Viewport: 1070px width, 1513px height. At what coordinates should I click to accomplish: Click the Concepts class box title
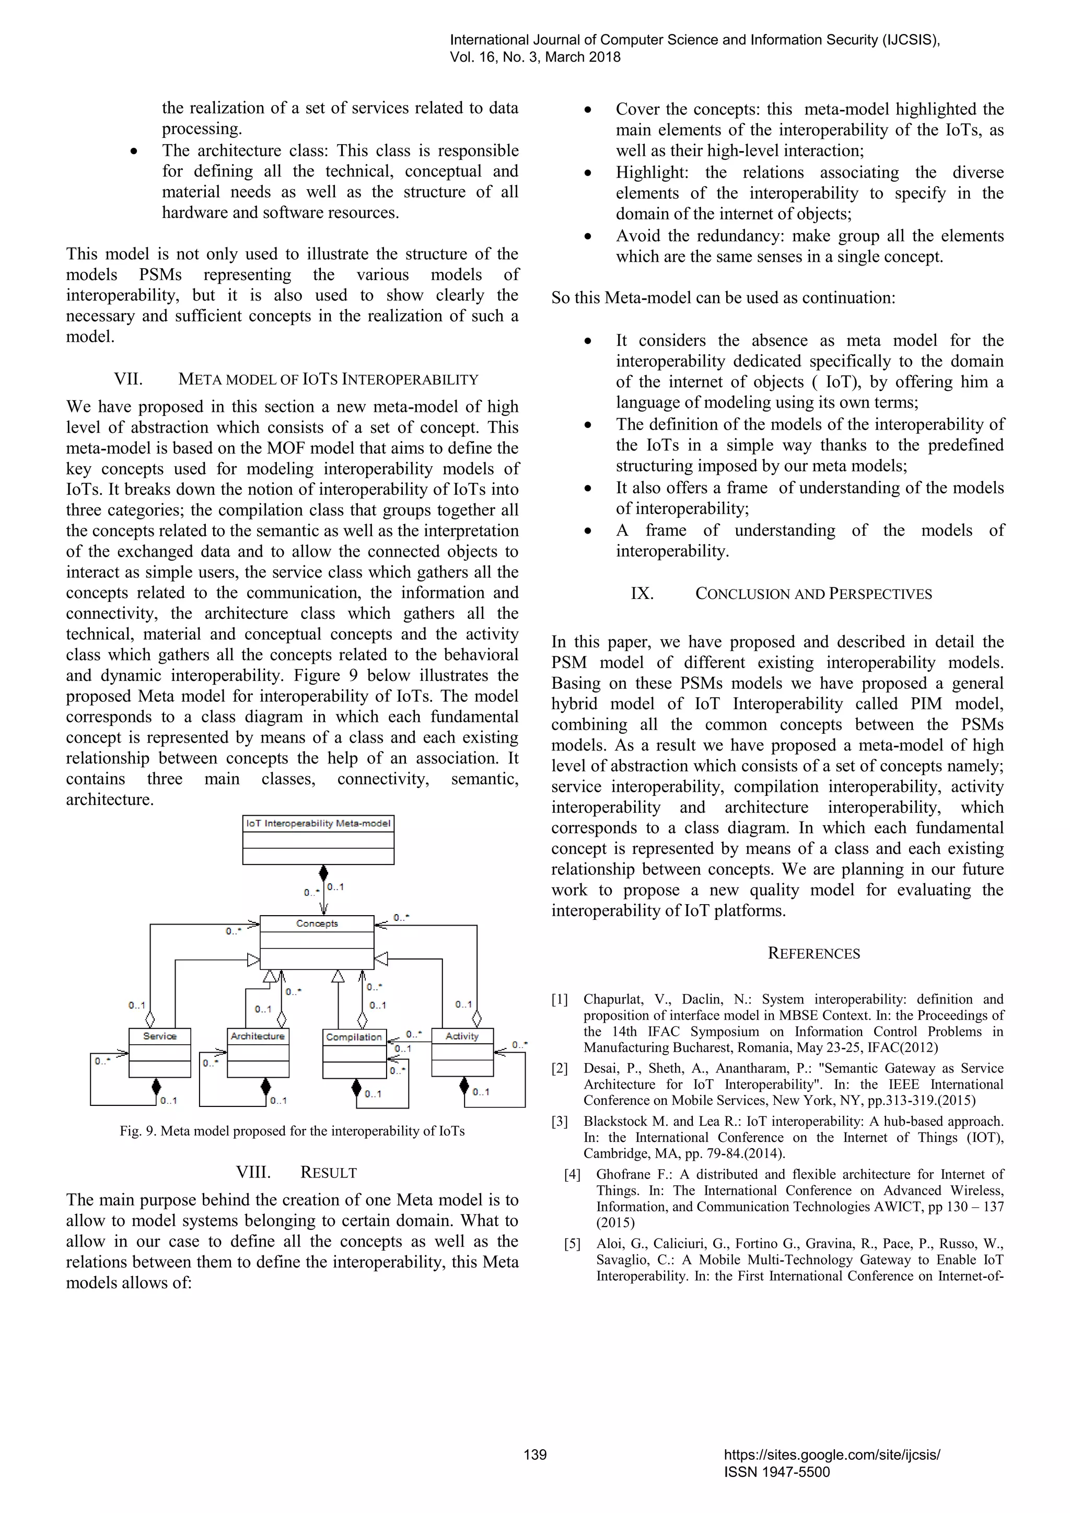[317, 923]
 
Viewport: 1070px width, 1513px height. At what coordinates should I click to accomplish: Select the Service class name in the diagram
[159, 1036]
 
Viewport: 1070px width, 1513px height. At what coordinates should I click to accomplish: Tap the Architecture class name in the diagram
[258, 1036]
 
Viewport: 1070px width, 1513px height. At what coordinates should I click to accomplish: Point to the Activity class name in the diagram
[462, 1036]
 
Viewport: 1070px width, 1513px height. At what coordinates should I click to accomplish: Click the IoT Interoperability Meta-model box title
[318, 823]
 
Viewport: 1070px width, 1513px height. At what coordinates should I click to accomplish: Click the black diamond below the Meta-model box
[323, 874]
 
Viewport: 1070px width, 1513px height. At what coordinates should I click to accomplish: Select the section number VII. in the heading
[129, 379]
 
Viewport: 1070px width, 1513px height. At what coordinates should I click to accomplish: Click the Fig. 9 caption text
[292, 1131]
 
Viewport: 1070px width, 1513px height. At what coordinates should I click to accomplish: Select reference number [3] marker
[560, 1122]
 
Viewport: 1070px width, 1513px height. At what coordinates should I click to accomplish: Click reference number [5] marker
[573, 1244]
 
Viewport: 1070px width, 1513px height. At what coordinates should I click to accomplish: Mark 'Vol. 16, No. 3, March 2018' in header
[535, 57]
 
